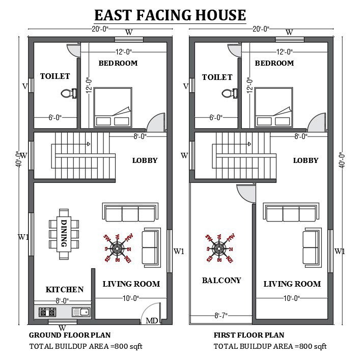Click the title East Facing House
coord(170,15)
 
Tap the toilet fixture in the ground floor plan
coord(67,93)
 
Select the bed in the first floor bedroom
coord(273,107)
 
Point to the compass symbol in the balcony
coord(219,248)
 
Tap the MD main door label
coord(152,320)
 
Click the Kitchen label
coord(65,289)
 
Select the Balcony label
coord(221,280)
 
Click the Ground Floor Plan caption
coord(70,335)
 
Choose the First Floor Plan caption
coord(249,335)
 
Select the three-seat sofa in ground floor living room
coord(131,212)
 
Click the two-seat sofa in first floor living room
coord(311,245)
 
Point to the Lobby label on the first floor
coord(305,160)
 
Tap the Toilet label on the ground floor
coord(55,76)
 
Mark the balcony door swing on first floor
coord(246,192)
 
